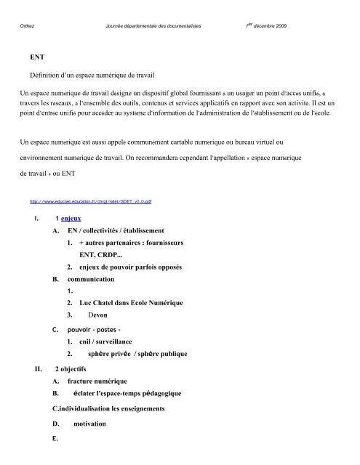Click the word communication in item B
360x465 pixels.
tap(91, 278)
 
